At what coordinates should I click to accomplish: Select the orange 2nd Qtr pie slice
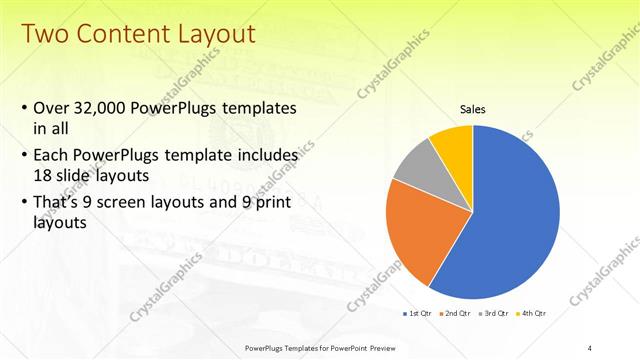tap(426, 230)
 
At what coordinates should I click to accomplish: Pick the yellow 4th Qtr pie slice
tap(454, 145)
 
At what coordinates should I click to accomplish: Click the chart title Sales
tap(473, 110)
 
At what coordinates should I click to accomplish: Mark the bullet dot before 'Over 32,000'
tap(24, 108)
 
